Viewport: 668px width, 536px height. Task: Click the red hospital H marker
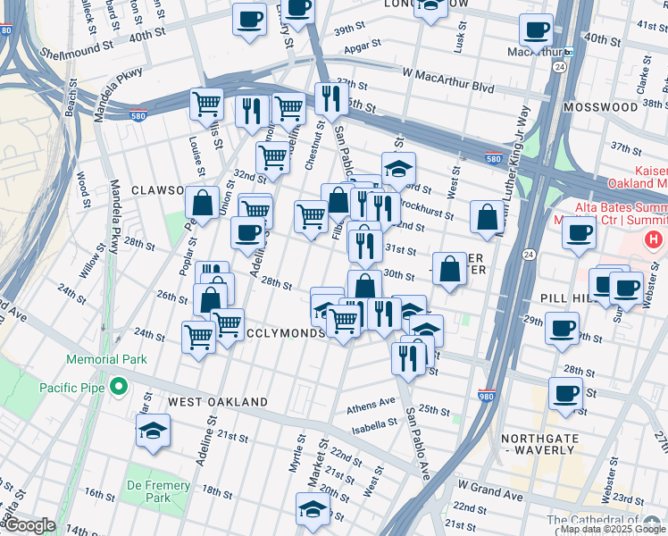coord(654,239)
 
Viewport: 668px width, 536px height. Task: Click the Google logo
coord(29,525)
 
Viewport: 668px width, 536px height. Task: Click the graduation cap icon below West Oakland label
coord(153,431)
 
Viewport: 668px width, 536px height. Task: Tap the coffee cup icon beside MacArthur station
coord(536,30)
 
